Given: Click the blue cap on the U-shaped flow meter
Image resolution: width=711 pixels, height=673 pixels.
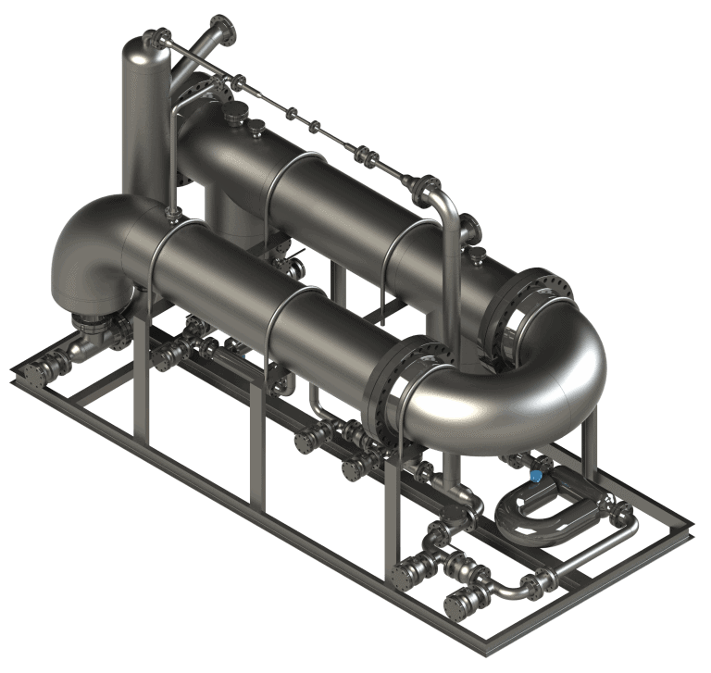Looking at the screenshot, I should tap(535, 476).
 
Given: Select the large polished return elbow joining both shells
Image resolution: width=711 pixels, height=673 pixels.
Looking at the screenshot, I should tap(546, 370).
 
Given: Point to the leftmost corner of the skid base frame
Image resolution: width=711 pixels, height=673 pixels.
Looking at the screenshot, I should tap(15, 375).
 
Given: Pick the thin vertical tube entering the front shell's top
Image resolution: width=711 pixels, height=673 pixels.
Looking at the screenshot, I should tap(171, 167).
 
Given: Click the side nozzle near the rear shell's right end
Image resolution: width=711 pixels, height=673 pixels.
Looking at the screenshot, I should tap(469, 227).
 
